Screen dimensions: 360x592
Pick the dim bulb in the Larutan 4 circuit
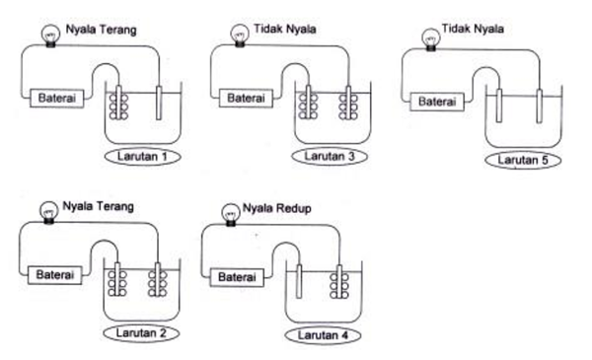pyautogui.click(x=231, y=213)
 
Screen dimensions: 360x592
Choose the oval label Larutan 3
pyautogui.click(x=330, y=155)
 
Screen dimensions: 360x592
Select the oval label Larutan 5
pyautogui.click(x=522, y=161)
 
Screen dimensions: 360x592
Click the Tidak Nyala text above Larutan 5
pyautogui.click(x=471, y=30)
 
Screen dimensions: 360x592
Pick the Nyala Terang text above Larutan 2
pyautogui.click(x=96, y=208)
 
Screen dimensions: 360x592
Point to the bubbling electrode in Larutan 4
pyautogui.click(x=341, y=284)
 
